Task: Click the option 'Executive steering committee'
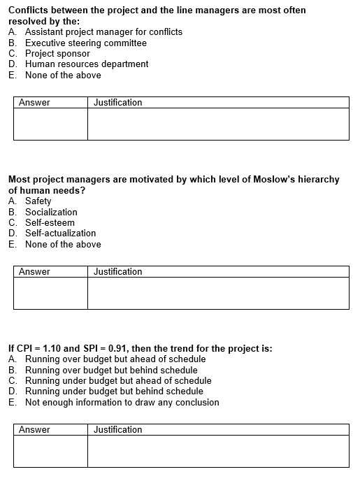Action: tap(85, 43)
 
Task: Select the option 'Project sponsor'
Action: tap(57, 53)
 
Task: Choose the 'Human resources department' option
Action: tap(87, 64)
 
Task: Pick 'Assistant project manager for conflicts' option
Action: tap(103, 32)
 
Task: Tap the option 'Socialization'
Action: tap(51, 212)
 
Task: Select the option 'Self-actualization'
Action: tap(60, 233)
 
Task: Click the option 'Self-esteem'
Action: tap(50, 222)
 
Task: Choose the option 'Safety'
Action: tap(38, 201)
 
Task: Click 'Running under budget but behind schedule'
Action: tap(114, 391)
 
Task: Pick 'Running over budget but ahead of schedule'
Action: tap(115, 359)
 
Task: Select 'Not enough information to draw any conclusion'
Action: tap(122, 402)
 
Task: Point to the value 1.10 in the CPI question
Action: tap(56, 348)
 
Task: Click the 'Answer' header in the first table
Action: tap(34, 103)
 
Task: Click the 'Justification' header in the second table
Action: tap(117, 272)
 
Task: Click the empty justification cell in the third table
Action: tap(217, 451)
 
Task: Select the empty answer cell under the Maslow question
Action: tap(50, 293)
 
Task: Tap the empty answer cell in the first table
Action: tap(50, 124)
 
